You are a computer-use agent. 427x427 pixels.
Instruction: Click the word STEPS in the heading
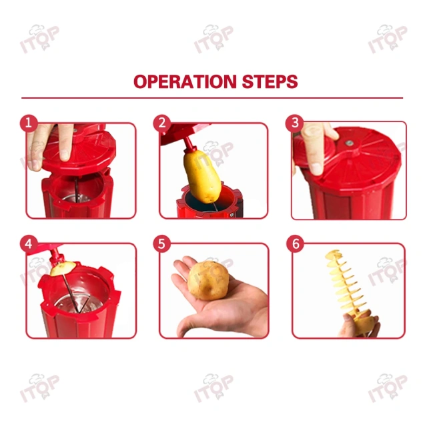pyautogui.click(x=268, y=82)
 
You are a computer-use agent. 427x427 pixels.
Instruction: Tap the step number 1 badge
pyautogui.click(x=29, y=123)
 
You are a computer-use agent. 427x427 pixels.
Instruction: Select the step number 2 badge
pyautogui.click(x=161, y=123)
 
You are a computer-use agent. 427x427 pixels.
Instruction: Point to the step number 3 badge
pyautogui.click(x=294, y=123)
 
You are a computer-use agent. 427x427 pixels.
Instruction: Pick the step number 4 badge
pyautogui.click(x=29, y=244)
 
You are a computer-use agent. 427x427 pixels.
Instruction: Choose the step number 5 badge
pyautogui.click(x=161, y=244)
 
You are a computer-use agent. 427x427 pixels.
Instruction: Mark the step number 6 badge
pyautogui.click(x=294, y=244)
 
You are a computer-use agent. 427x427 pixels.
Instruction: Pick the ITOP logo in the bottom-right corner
pyautogui.click(x=388, y=388)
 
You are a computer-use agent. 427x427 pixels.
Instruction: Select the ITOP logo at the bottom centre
pyautogui.click(x=213, y=388)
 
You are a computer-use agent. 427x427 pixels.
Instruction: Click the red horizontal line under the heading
pyautogui.click(x=213, y=98)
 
